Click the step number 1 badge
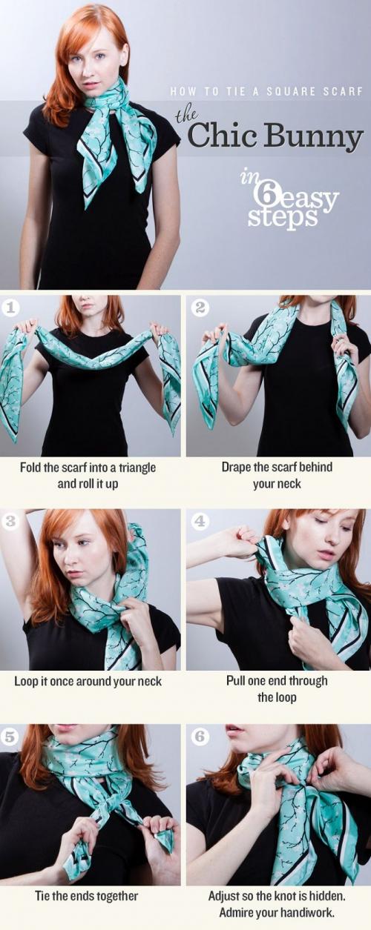10,308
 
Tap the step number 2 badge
200,308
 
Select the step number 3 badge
10,522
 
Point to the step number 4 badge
200,522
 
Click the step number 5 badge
10,737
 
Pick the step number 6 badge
200,737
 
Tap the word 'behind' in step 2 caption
315,467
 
